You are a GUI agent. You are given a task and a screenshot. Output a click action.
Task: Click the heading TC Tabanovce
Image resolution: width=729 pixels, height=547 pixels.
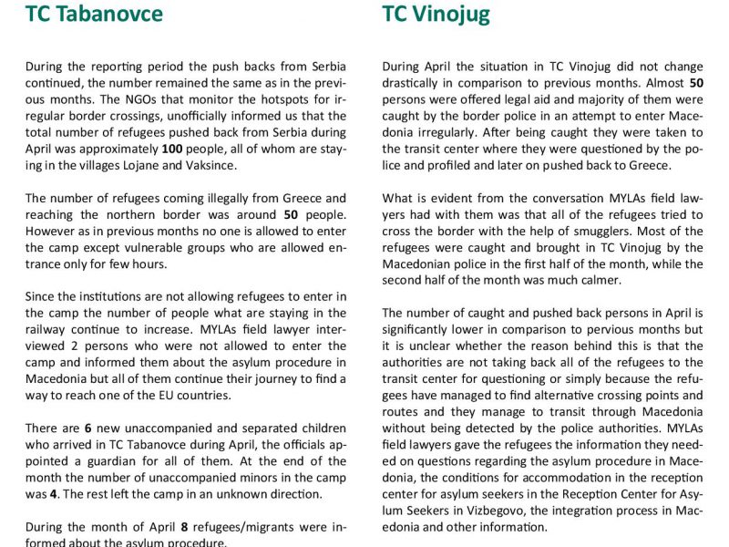[x=95, y=15]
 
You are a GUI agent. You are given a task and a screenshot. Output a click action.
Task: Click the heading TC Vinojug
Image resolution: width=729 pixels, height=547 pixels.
[x=436, y=15]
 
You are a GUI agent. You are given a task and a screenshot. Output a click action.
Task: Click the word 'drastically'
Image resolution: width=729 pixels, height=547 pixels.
[x=415, y=83]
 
